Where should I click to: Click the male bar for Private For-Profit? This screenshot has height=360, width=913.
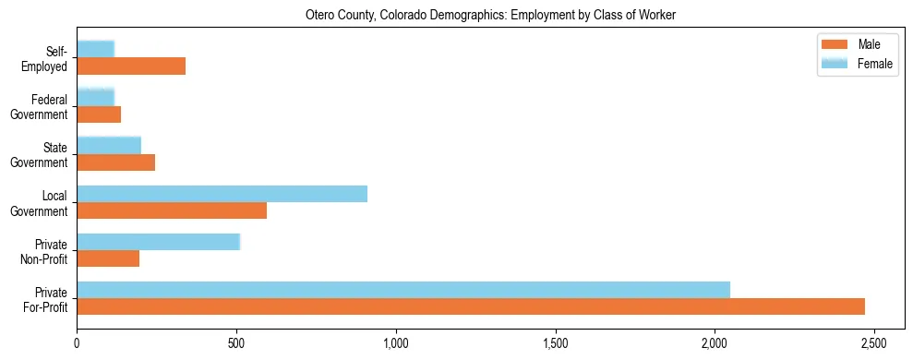471,306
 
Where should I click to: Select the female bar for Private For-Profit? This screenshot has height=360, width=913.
403,290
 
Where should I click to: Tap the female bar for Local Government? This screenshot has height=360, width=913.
222,194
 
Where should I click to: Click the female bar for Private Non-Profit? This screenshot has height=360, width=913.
158,242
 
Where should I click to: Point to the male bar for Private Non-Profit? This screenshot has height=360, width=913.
108,258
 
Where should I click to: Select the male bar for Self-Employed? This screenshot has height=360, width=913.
131,66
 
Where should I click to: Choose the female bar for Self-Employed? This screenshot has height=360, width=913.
95,49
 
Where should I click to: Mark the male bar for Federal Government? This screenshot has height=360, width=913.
99,114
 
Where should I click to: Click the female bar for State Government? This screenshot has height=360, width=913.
109,145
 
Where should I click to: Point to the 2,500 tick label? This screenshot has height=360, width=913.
873,342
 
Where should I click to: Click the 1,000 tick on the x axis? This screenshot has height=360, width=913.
395,342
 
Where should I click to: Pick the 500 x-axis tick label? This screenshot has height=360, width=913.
236,342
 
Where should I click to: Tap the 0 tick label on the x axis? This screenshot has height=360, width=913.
77,342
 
